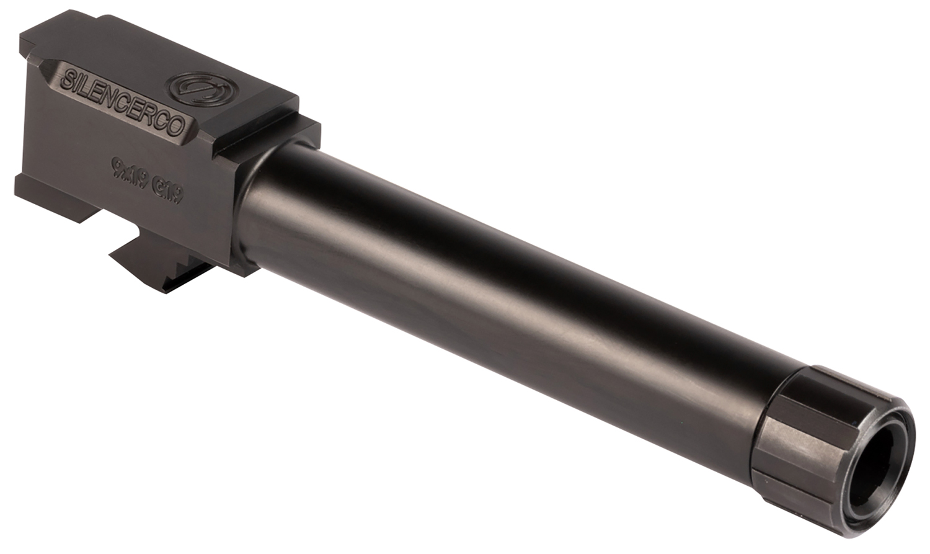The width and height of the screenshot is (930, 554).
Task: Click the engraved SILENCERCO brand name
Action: pos(124,102)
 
